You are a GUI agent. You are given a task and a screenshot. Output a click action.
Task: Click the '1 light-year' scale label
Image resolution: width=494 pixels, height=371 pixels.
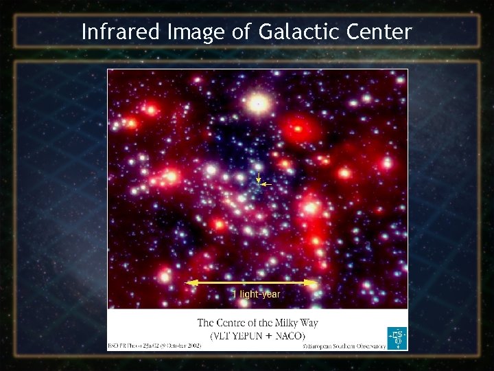pos(257,294)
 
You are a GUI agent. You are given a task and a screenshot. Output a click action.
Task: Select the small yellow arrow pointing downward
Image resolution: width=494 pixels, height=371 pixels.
pos(258,181)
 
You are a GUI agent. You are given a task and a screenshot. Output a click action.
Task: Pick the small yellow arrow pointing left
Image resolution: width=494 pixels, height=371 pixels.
pos(267,185)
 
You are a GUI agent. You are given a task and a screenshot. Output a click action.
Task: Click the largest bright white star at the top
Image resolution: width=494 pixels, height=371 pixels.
pos(258,104)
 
